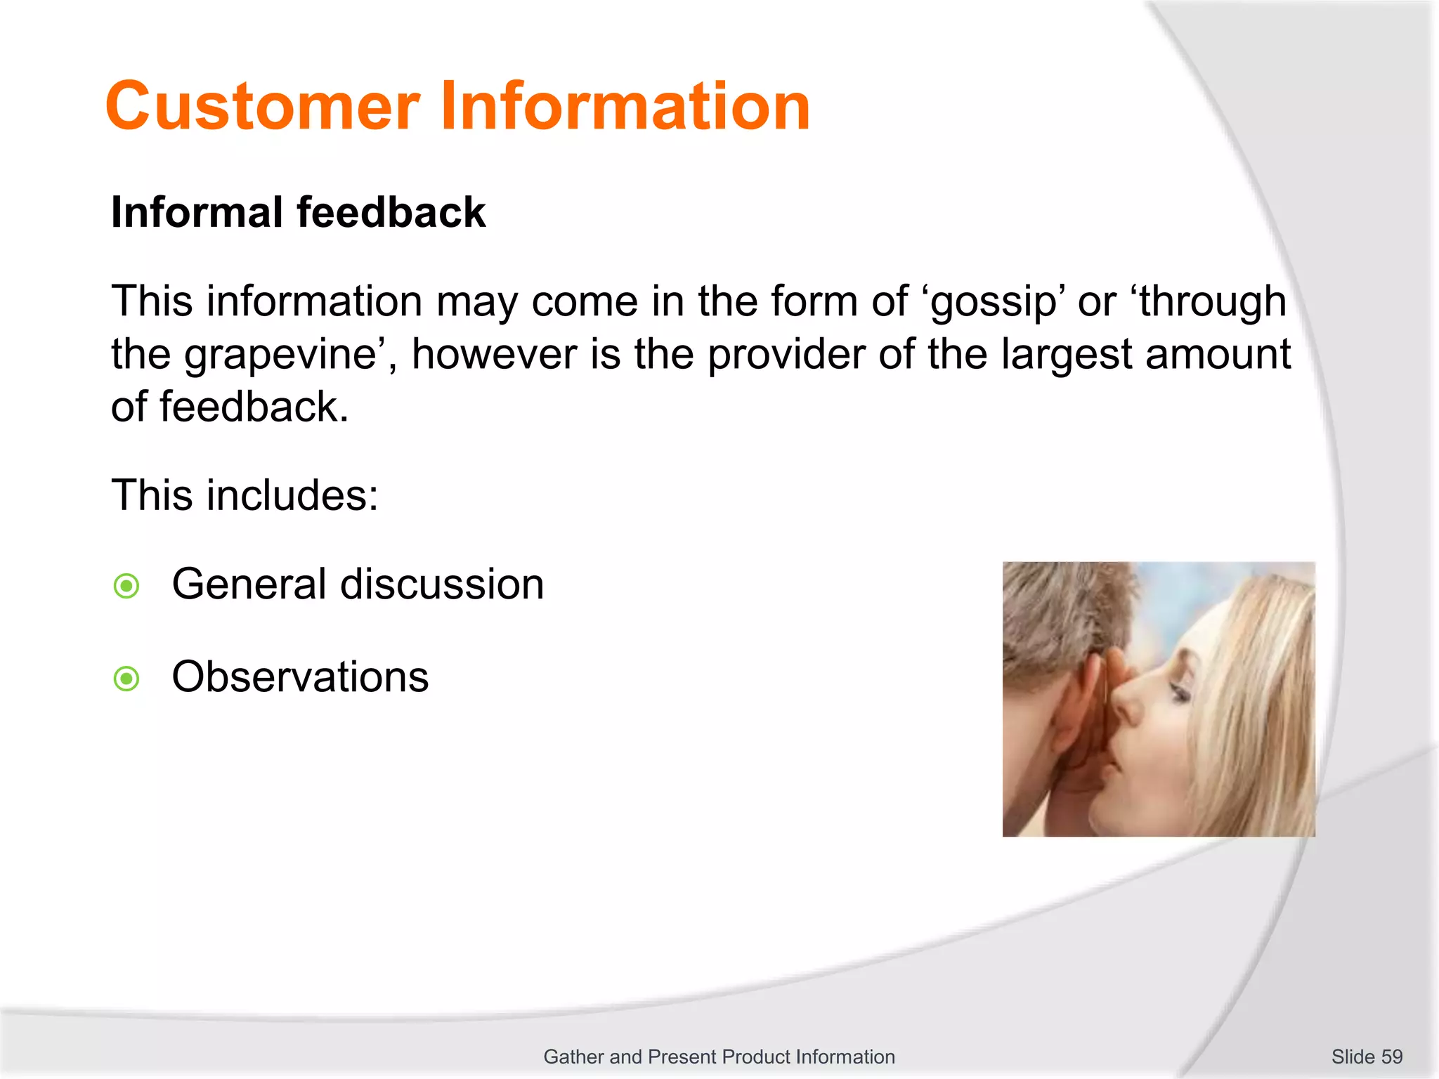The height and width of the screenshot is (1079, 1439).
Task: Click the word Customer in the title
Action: click(262, 107)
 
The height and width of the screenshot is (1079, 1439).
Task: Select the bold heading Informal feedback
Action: click(298, 212)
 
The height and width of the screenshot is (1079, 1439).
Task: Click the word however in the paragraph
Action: click(495, 354)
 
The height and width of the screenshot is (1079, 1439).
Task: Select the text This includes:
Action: click(245, 495)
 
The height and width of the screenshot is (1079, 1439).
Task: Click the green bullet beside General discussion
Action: click(126, 586)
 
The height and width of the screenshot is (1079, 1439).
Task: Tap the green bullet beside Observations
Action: click(126, 679)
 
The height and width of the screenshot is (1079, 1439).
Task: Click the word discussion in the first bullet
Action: click(442, 584)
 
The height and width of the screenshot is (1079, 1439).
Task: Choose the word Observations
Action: click(300, 677)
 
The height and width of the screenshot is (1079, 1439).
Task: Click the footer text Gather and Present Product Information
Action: click(719, 1057)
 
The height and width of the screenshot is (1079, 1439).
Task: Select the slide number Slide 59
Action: click(1366, 1057)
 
